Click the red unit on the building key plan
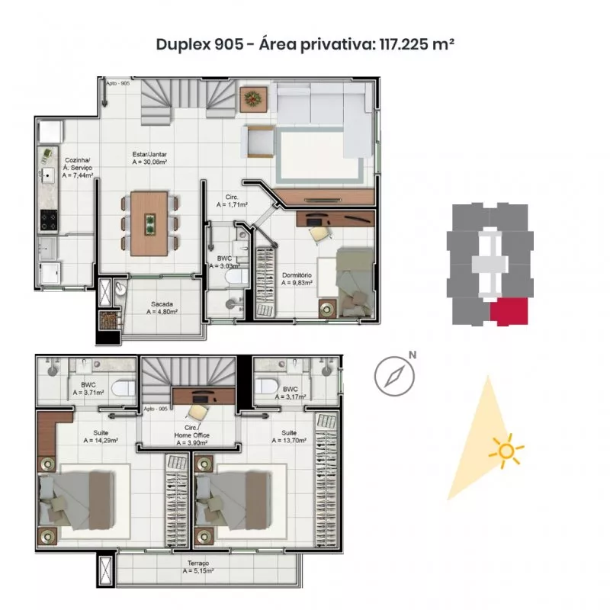coord(509,311)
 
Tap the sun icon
coord(506,451)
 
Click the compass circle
coord(394,376)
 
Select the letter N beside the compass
coord(413,355)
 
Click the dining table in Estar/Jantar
coord(149,223)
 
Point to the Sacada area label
coord(162,308)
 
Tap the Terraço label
coord(198,567)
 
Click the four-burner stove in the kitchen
coord(49,220)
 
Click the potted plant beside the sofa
coord(253,99)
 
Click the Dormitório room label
coord(297,279)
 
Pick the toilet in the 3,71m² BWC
coord(124,388)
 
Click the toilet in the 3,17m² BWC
coord(266,386)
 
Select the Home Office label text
coord(192,435)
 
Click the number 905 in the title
coord(228,44)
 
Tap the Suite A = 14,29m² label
coord(101,436)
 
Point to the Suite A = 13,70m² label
coord(289,436)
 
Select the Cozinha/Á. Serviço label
coord(78,168)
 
